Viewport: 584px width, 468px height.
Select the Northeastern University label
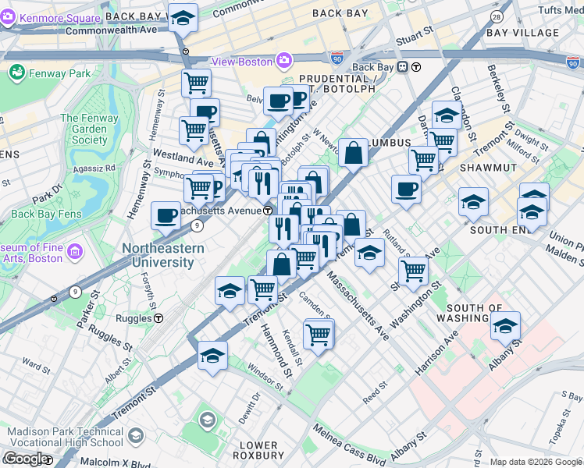click(163, 255)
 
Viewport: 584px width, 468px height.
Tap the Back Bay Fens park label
click(45, 214)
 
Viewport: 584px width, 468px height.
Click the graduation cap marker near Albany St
click(506, 326)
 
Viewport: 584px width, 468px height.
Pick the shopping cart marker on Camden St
click(318, 334)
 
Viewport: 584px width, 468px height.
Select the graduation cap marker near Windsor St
click(212, 355)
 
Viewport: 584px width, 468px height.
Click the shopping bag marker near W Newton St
click(354, 152)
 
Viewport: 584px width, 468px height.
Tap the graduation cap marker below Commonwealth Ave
click(183, 17)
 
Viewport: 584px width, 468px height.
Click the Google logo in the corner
click(25, 459)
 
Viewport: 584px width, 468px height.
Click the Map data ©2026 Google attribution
click(536, 462)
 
